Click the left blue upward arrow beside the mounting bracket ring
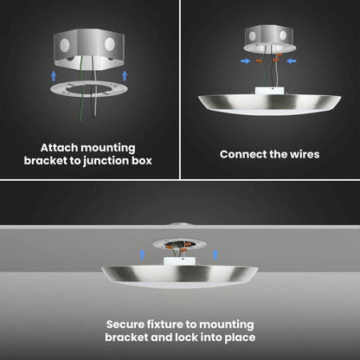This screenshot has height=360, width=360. [x=54, y=76]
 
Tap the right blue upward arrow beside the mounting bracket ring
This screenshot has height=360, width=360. [x=125, y=75]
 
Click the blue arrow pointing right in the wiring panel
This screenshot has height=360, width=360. [x=246, y=61]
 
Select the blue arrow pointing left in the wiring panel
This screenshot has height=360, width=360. [x=292, y=61]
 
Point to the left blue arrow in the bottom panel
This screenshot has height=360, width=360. [x=142, y=255]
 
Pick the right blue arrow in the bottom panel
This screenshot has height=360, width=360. [x=215, y=254]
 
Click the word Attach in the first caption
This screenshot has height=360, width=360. [x=59, y=148]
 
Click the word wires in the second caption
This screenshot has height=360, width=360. [x=305, y=154]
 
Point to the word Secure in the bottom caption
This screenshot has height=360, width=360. [x=125, y=325]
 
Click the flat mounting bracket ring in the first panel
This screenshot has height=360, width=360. [x=89, y=89]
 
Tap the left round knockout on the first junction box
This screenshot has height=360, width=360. [x=65, y=45]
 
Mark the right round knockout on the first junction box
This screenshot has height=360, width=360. [x=110, y=44]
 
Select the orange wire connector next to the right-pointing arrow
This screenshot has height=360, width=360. [x=260, y=61]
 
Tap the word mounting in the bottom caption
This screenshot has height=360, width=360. [x=227, y=325]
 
